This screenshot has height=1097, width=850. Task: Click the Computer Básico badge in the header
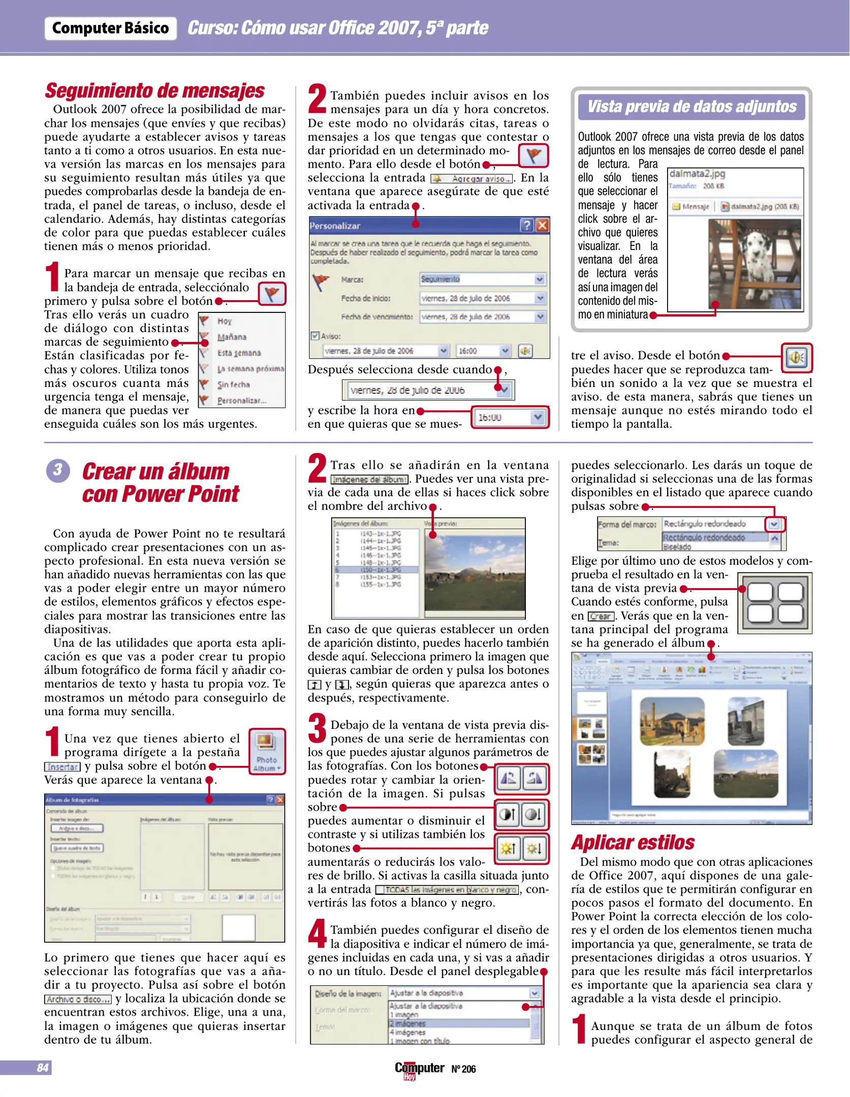110,28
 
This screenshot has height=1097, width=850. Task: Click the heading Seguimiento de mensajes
154,91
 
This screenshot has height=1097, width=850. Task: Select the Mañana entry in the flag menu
232,337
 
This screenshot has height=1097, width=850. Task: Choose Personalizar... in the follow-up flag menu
241,401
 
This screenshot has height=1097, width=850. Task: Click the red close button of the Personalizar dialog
542,225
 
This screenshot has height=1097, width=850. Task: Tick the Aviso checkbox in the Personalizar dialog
315,336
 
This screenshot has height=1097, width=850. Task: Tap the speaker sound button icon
796,358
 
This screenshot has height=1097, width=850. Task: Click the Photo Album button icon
267,751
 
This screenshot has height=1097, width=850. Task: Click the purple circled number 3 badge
58,470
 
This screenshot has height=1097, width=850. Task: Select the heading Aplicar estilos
633,843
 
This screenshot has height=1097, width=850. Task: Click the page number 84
43,1068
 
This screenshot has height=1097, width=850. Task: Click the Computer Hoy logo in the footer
419,1069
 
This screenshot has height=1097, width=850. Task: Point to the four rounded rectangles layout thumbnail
775,603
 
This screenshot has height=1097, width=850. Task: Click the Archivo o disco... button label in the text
78,999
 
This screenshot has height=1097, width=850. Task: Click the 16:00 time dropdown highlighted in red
510,417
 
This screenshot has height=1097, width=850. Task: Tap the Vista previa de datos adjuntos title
691,107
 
